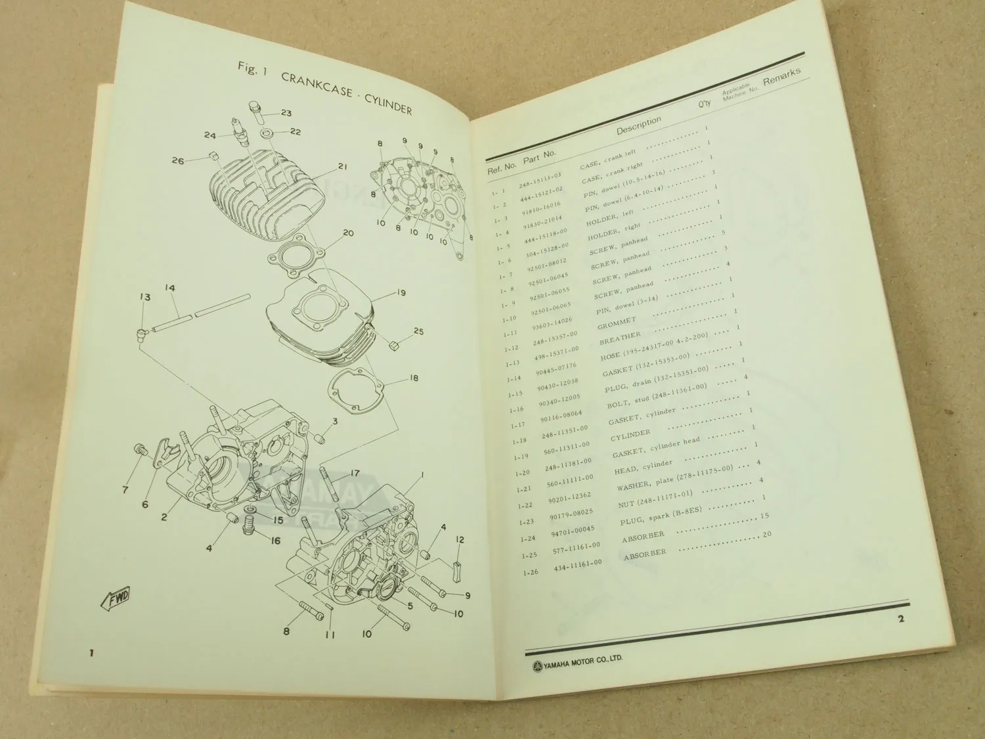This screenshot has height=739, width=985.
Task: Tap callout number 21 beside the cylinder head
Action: (x=341, y=166)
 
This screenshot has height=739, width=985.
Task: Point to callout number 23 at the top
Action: (x=286, y=113)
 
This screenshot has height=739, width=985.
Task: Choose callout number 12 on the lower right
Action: (x=460, y=539)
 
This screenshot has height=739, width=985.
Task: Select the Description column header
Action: (x=638, y=125)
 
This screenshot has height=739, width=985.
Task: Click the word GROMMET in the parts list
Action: (x=616, y=323)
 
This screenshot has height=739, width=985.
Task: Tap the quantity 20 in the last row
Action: (x=766, y=534)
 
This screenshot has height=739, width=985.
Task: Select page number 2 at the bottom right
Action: (x=901, y=618)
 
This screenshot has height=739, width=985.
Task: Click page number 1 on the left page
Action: (x=92, y=653)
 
